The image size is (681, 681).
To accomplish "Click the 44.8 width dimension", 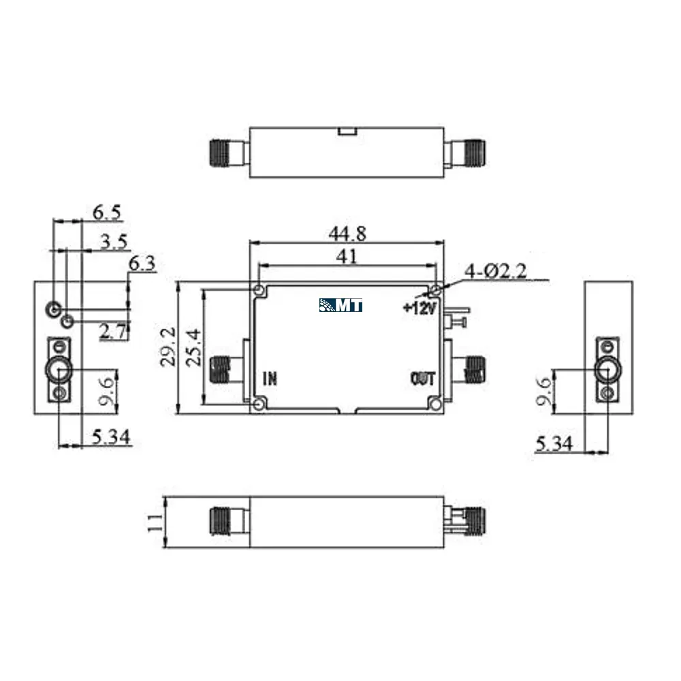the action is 347,234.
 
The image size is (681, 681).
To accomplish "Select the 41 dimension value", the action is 347,257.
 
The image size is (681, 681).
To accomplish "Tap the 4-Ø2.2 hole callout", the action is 496,272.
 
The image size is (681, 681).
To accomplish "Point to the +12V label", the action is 419,308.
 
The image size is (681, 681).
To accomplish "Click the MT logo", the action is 341,305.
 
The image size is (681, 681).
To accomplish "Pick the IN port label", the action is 270,379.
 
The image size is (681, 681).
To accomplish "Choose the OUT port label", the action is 422,379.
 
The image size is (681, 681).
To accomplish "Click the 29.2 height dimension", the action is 168,347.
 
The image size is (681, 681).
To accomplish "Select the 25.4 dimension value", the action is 193,347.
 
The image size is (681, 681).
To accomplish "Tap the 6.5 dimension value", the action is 107,212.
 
